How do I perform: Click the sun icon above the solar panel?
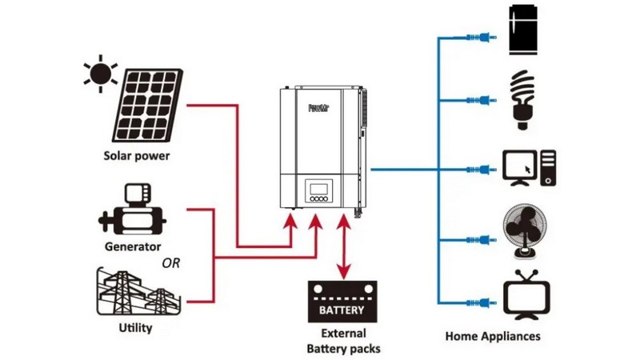(101, 73)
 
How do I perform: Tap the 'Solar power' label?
(137, 156)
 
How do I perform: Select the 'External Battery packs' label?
(343, 341)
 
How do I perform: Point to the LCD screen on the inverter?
(318, 191)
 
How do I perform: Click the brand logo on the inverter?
(319, 106)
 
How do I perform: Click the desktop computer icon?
(529, 168)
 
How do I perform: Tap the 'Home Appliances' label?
(493, 337)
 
